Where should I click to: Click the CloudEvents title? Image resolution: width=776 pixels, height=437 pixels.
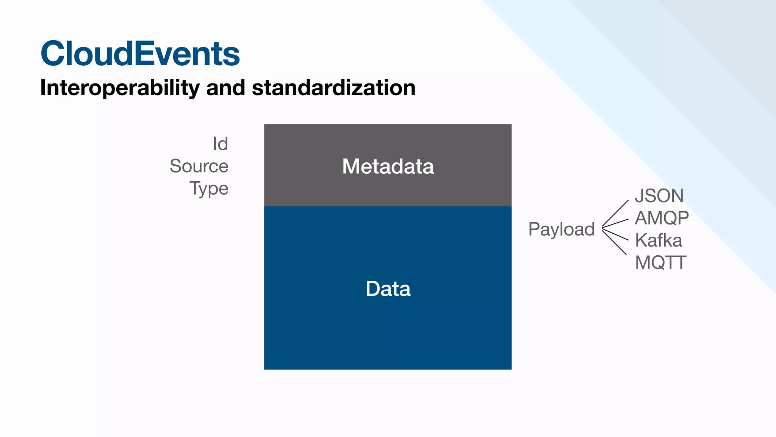tap(140, 54)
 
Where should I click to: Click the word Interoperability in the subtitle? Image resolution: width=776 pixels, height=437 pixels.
tap(120, 88)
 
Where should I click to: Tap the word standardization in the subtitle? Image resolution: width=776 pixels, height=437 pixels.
tap(333, 88)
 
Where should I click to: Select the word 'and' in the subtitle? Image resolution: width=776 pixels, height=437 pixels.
tap(225, 88)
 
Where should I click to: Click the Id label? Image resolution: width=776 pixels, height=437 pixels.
tap(220, 144)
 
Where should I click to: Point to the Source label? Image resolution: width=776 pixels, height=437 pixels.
tap(199, 166)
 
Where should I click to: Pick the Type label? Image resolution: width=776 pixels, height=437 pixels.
tap(209, 189)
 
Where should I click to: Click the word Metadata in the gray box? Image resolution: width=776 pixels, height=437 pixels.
tap(388, 166)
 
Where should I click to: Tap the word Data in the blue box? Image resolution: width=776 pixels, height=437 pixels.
tap(388, 289)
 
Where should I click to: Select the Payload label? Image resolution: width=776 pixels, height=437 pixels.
tap(561, 229)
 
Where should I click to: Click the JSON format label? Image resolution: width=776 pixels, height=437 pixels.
tap(659, 196)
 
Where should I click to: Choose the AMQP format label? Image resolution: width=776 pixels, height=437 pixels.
tap(662, 218)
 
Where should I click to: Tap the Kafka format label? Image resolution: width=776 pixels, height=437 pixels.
tap(658, 241)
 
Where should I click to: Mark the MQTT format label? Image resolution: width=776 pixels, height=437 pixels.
tap(660, 263)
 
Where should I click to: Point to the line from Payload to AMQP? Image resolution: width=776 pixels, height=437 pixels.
tap(616, 223)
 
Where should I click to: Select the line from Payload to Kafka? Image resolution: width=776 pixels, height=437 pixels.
tap(615, 234)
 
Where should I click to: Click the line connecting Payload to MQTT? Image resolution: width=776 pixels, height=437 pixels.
tap(615, 242)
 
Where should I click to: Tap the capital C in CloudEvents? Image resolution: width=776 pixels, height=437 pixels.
tap(53, 54)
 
